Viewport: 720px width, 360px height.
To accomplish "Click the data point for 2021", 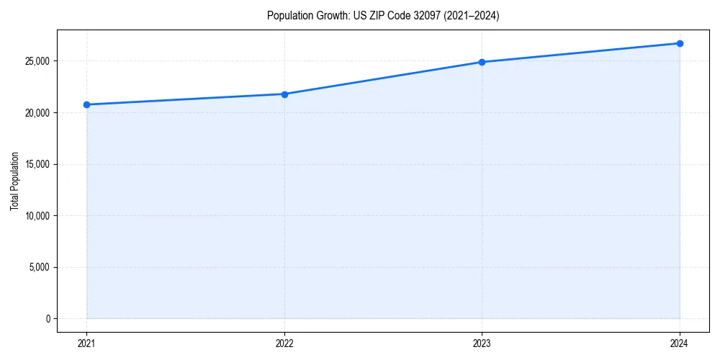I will [86, 104].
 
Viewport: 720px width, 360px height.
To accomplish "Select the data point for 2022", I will [284, 94].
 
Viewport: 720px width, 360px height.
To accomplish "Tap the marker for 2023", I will [482, 62].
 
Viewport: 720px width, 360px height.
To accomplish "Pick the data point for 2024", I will [680, 43].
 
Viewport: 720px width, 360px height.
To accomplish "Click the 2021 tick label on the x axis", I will [86, 343].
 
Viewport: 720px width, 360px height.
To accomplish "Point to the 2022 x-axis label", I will [284, 343].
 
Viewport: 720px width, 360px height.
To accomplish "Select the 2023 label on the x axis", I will [482, 343].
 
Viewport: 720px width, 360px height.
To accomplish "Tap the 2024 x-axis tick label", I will [680, 343].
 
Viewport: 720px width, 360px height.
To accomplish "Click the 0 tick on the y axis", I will [48, 319].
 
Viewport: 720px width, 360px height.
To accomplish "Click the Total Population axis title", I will [14, 181].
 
